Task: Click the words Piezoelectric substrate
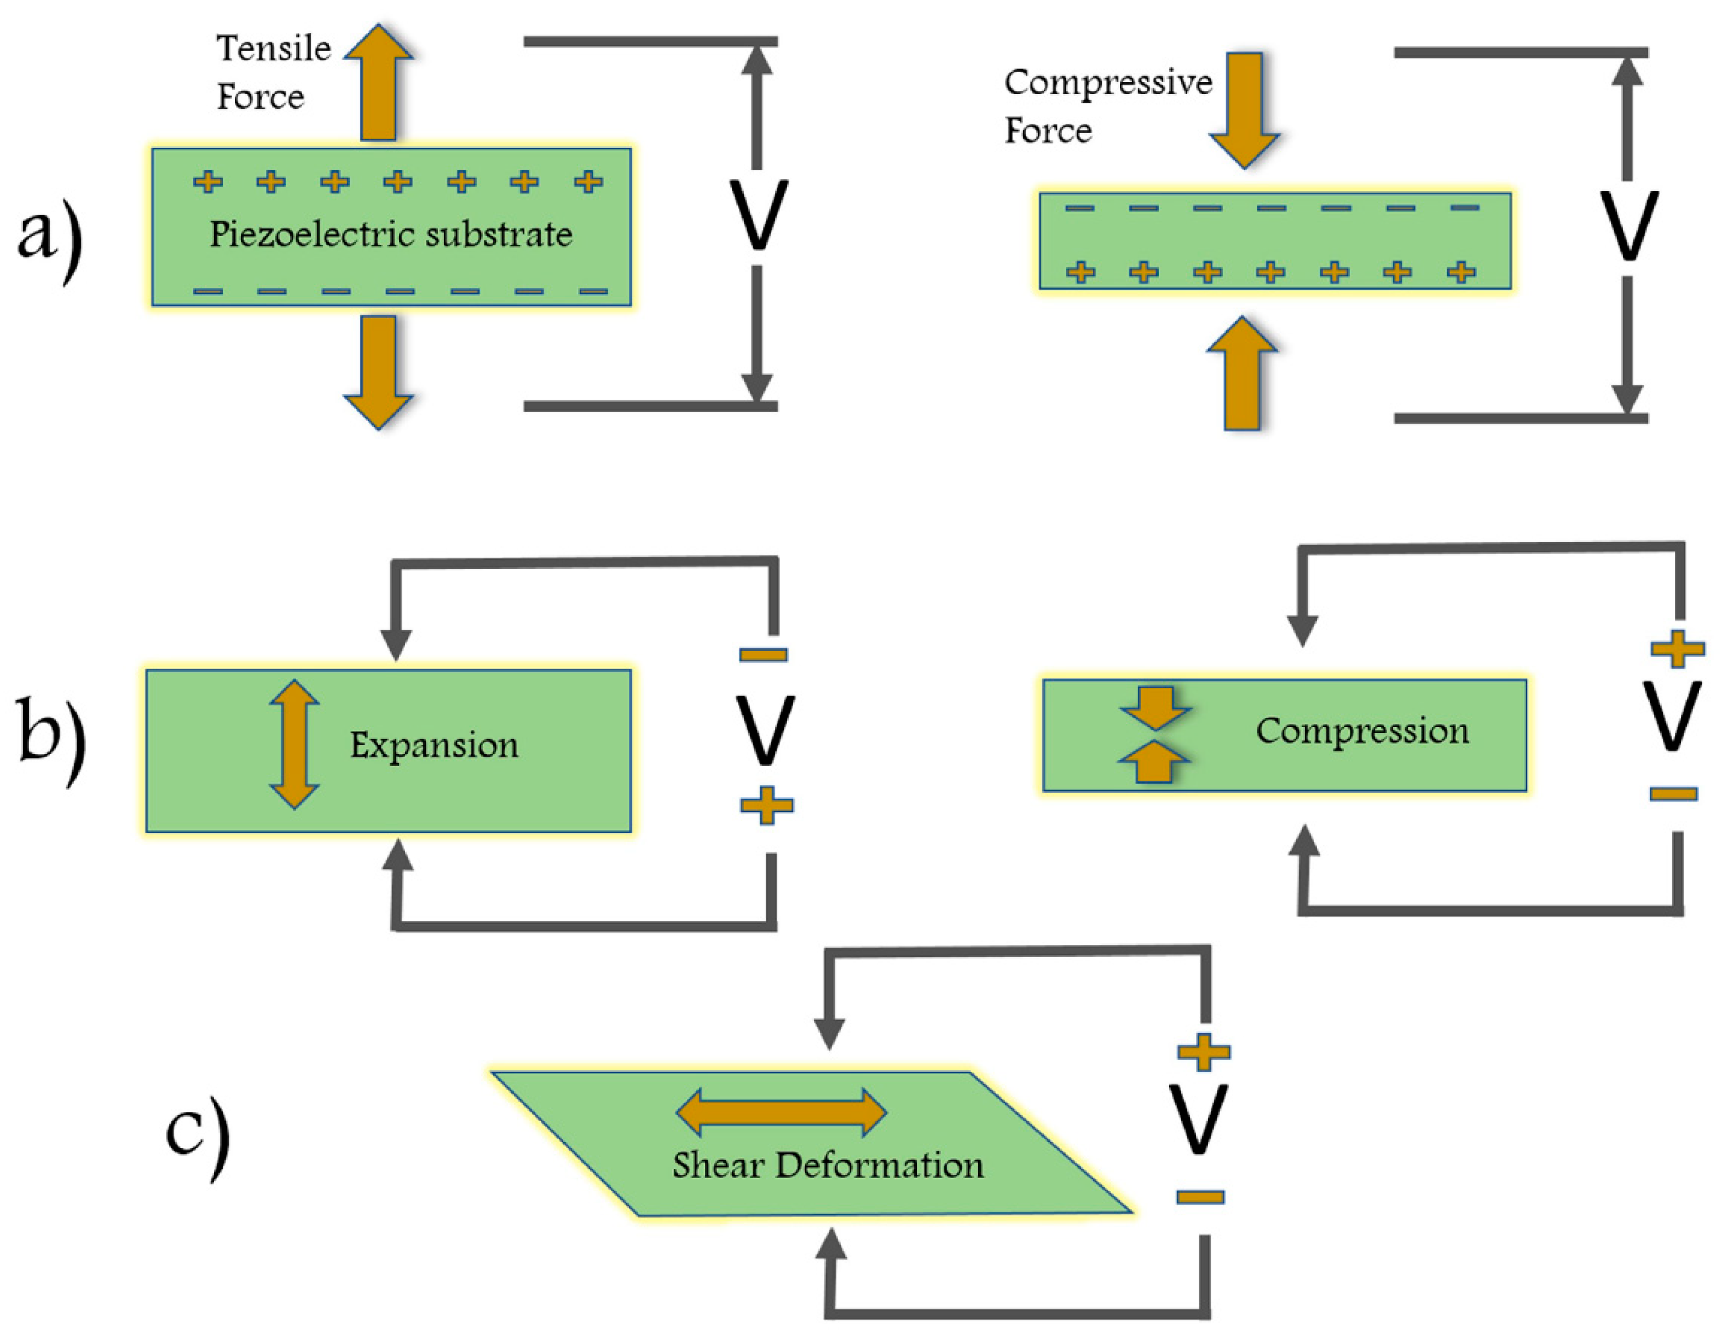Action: (390, 234)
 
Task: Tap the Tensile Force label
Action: (273, 72)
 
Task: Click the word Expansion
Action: (435, 745)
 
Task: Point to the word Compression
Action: (1362, 731)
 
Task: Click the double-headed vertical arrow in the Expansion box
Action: (294, 745)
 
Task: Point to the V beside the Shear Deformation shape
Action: (1199, 1120)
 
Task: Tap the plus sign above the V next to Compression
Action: (1677, 649)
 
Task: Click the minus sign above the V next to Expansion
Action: (763, 654)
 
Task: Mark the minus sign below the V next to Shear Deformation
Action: (1200, 1197)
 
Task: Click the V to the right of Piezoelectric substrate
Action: (757, 215)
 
